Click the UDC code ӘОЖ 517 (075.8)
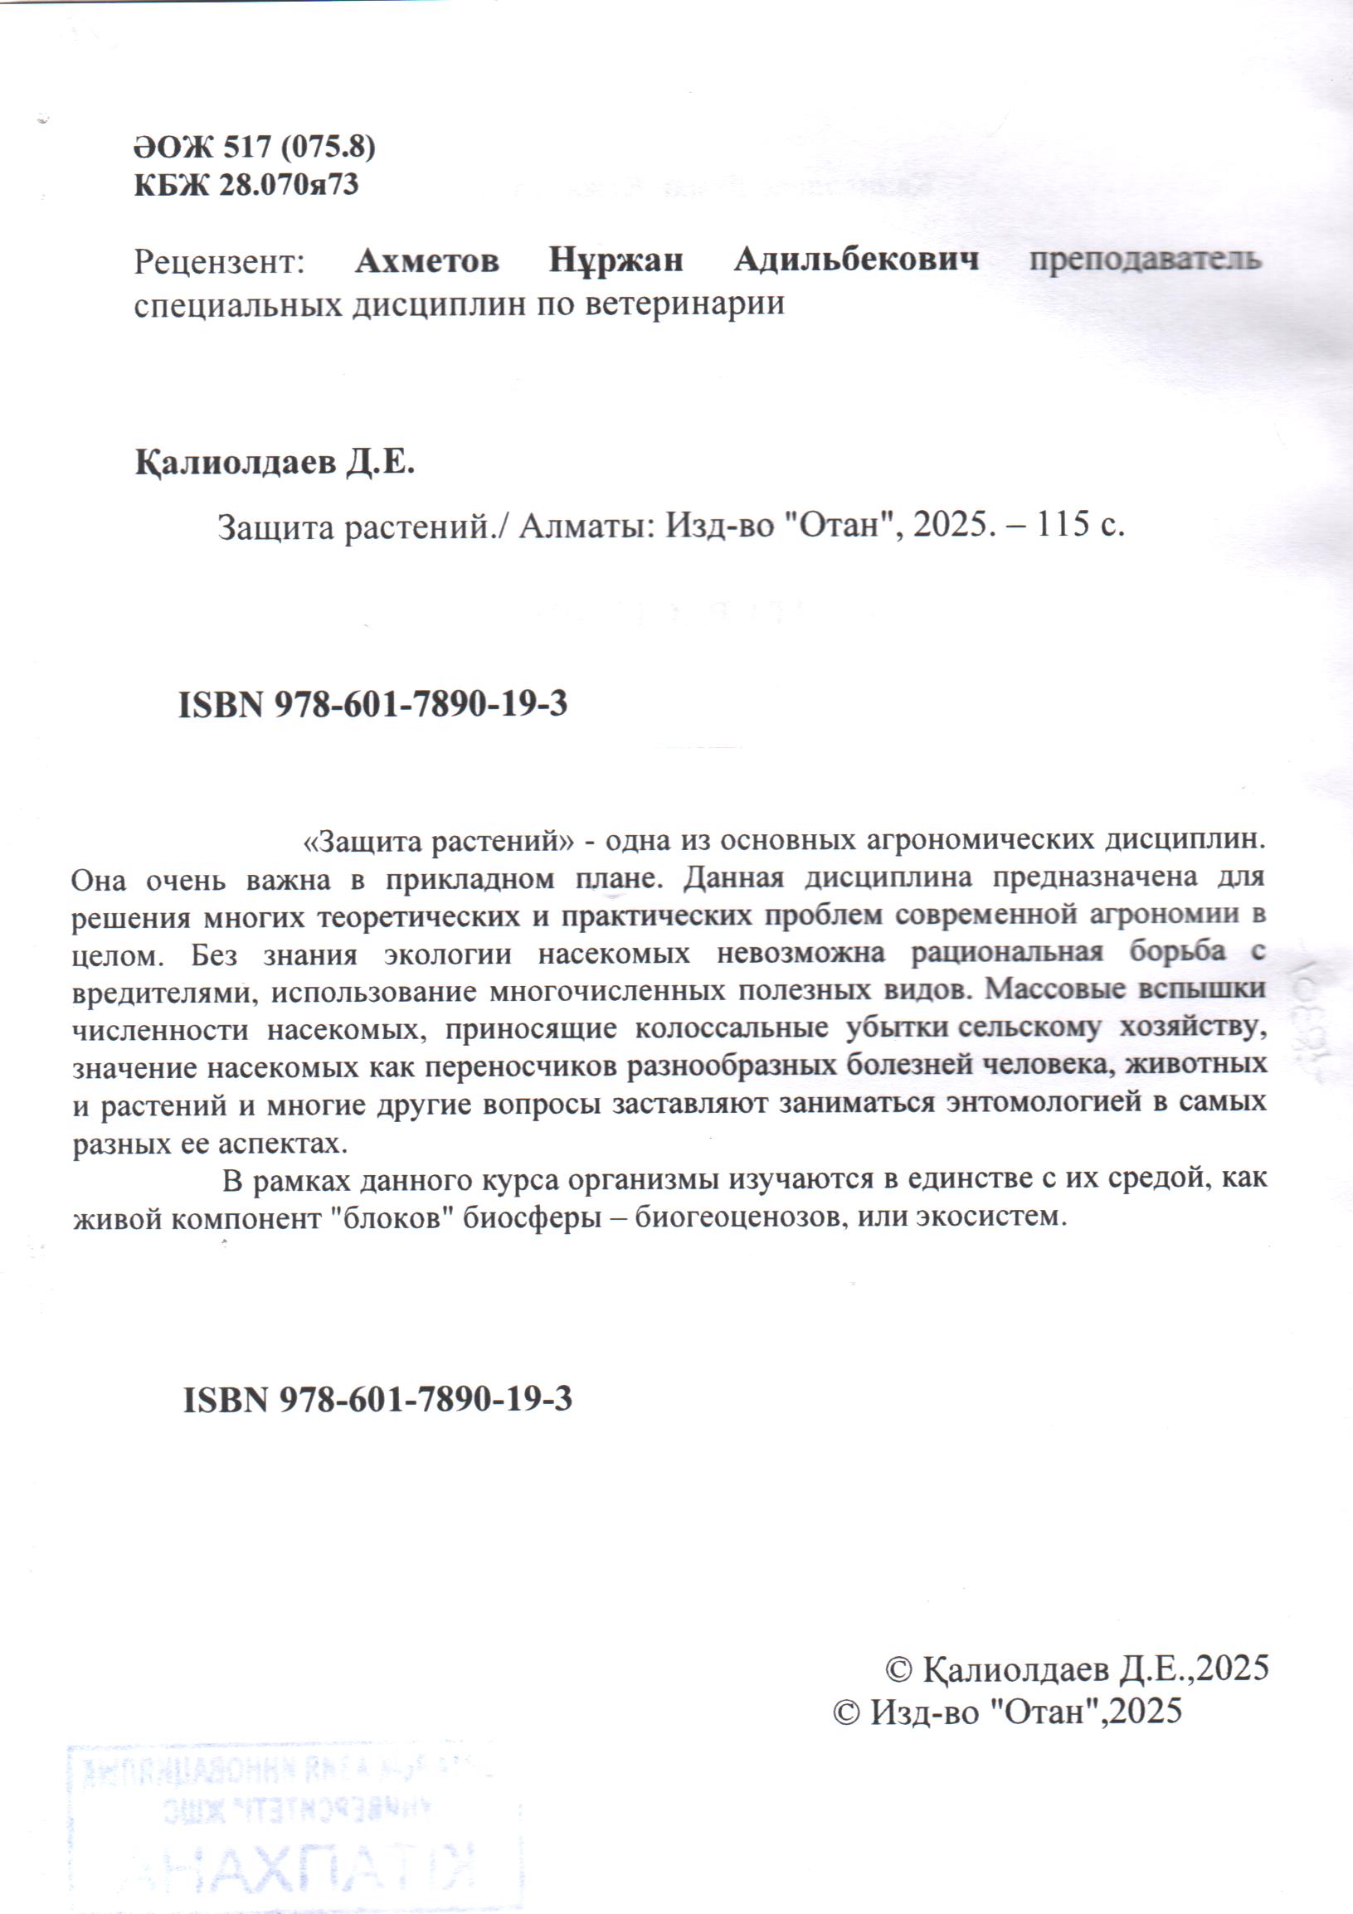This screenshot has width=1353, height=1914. pos(255,148)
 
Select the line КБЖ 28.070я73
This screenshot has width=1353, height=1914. pos(246,184)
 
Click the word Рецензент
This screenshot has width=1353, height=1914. pos(220,262)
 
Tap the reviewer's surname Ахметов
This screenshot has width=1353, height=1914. pos(427,261)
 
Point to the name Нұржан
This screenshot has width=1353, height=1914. pos(616,261)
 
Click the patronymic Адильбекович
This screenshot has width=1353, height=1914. pos(856,261)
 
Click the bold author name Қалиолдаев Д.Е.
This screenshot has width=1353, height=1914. pos(275,463)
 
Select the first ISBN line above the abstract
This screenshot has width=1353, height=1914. pos(372,705)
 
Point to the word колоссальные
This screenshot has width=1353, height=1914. pos(731,1027)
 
